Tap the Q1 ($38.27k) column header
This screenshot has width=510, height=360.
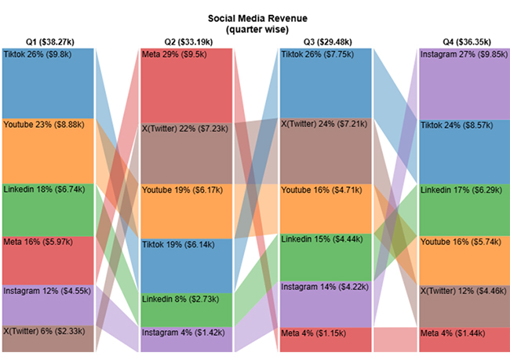point(49,42)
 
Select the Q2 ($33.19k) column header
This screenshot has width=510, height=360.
point(188,42)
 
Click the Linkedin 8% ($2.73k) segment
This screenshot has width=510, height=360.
point(188,310)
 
